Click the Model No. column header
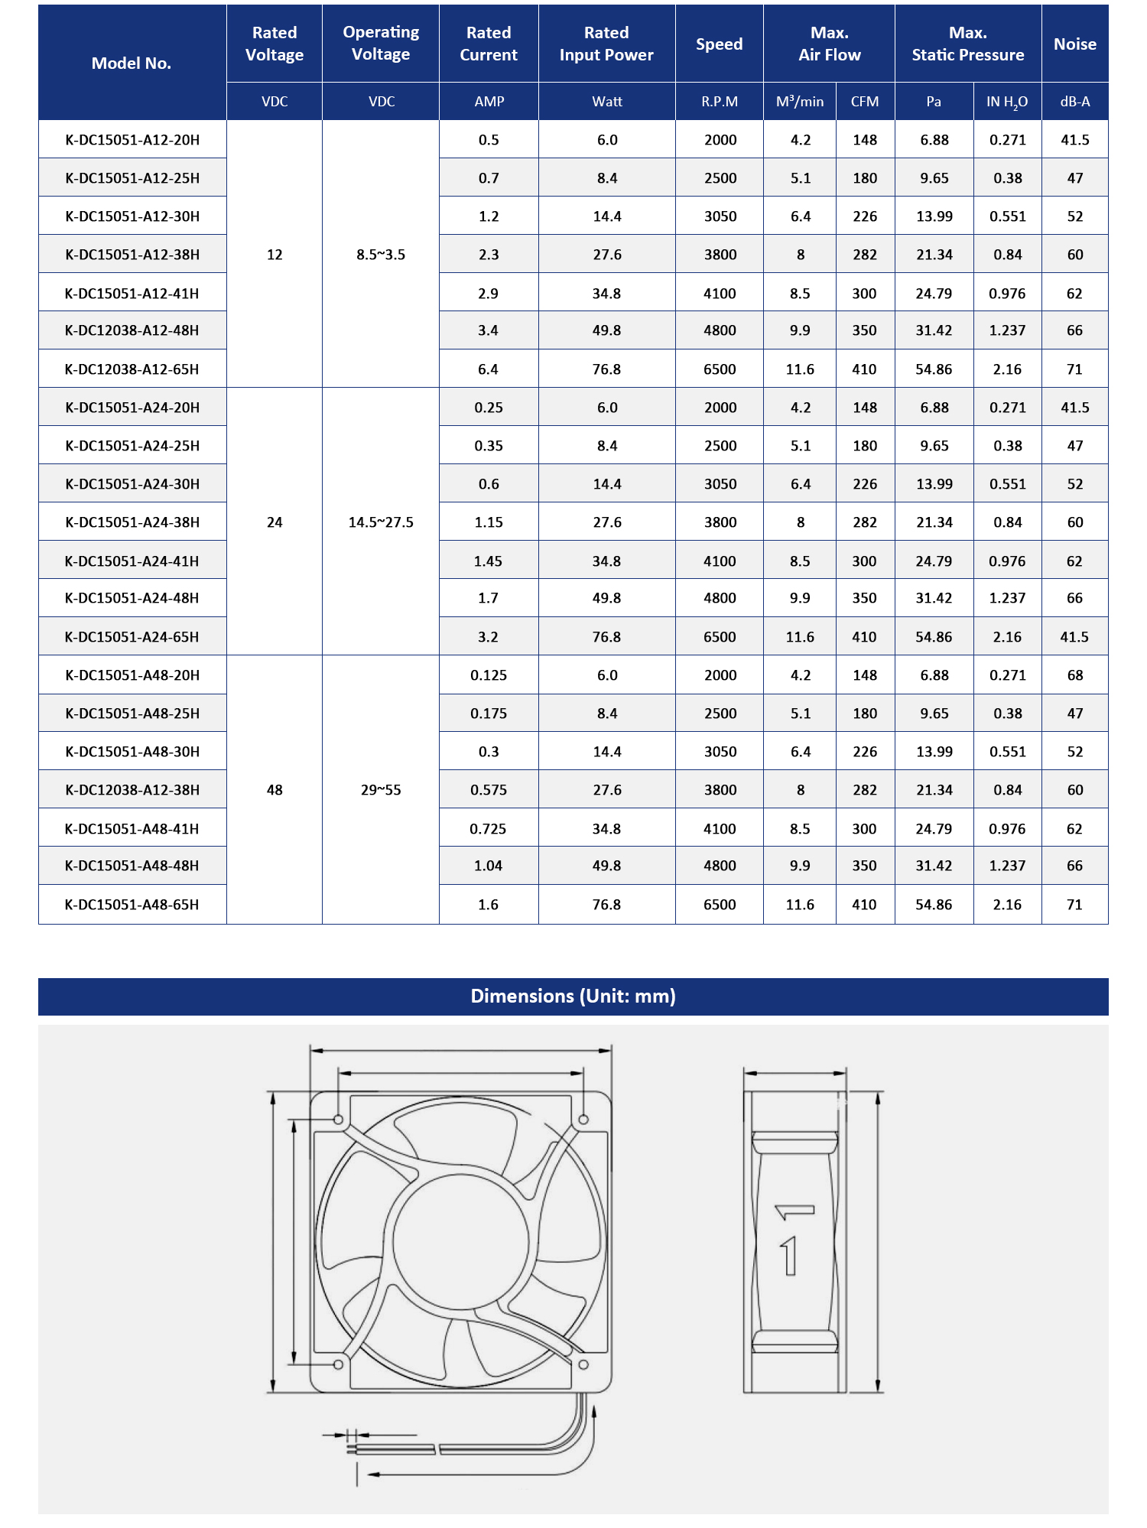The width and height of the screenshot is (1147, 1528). click(132, 63)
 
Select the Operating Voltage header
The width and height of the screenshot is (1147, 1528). click(381, 43)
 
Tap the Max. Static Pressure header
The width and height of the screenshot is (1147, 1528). click(967, 44)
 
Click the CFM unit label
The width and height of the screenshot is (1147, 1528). click(865, 102)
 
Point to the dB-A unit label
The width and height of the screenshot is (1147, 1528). click(1074, 102)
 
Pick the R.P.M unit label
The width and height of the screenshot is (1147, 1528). click(720, 102)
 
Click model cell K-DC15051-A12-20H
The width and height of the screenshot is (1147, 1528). click(132, 140)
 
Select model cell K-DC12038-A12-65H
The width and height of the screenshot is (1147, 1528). click(132, 369)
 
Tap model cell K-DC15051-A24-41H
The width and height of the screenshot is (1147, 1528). click(132, 561)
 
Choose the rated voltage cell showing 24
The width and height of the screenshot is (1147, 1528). click(275, 522)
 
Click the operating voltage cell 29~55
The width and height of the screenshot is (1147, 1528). click(381, 790)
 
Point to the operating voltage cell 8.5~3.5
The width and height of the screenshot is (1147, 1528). click(381, 255)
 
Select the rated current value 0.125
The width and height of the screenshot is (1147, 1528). click(489, 675)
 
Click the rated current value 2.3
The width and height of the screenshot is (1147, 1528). click(489, 255)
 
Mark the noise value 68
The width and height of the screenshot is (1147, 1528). click(1074, 675)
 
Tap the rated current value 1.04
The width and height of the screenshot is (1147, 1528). click(488, 866)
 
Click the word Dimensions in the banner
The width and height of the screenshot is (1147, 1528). click(522, 996)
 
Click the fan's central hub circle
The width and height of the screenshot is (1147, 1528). click(460, 1240)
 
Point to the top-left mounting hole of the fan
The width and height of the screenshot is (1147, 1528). click(339, 1120)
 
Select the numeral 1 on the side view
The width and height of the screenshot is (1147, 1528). click(789, 1256)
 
